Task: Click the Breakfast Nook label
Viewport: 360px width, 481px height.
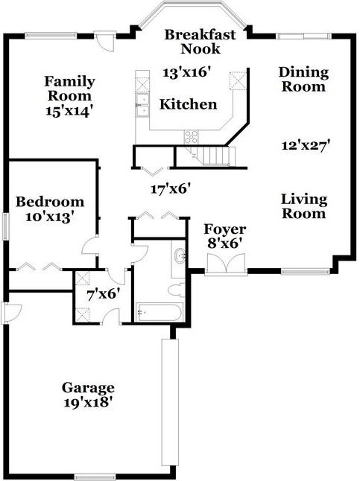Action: click(x=200, y=42)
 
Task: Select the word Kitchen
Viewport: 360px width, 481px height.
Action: click(x=188, y=104)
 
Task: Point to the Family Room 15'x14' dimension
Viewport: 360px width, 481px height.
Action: click(x=69, y=111)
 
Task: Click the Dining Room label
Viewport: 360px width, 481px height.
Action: click(x=303, y=80)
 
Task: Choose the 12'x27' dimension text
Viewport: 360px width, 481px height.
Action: click(x=306, y=144)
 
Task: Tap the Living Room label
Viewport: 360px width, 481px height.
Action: click(x=304, y=206)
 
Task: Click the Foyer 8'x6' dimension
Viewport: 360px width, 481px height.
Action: click(x=224, y=243)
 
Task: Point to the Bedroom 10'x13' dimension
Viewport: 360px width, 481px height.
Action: click(x=51, y=217)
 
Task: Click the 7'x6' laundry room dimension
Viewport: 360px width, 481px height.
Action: click(x=103, y=295)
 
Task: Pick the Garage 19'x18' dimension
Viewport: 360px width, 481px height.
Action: click(x=87, y=402)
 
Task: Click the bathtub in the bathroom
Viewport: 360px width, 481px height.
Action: click(x=159, y=312)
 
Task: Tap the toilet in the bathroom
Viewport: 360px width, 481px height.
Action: click(x=177, y=290)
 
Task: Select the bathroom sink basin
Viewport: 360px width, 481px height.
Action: click(x=180, y=256)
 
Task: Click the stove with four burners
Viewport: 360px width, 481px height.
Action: click(x=191, y=137)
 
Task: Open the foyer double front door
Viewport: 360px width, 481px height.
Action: click(x=226, y=264)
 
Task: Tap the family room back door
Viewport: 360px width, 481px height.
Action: click(x=105, y=42)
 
